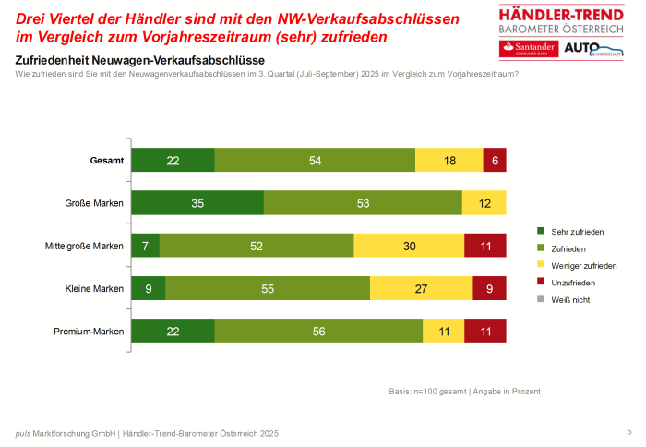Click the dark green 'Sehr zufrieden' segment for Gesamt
(x=173, y=160)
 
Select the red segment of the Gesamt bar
(x=495, y=160)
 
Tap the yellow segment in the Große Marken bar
(x=484, y=203)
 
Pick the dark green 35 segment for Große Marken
(x=197, y=203)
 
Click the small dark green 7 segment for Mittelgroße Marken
(x=146, y=246)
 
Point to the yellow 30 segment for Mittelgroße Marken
(x=409, y=246)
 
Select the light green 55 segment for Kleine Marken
(x=268, y=288)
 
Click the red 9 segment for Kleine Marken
(x=489, y=288)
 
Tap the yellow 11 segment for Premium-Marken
(x=444, y=331)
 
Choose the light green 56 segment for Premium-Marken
(x=318, y=331)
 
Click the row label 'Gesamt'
(x=107, y=160)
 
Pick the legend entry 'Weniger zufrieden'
(x=581, y=265)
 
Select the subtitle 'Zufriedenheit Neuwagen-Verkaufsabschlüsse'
(x=139, y=60)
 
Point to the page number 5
(x=628, y=430)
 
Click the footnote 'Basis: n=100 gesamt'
(x=430, y=392)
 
